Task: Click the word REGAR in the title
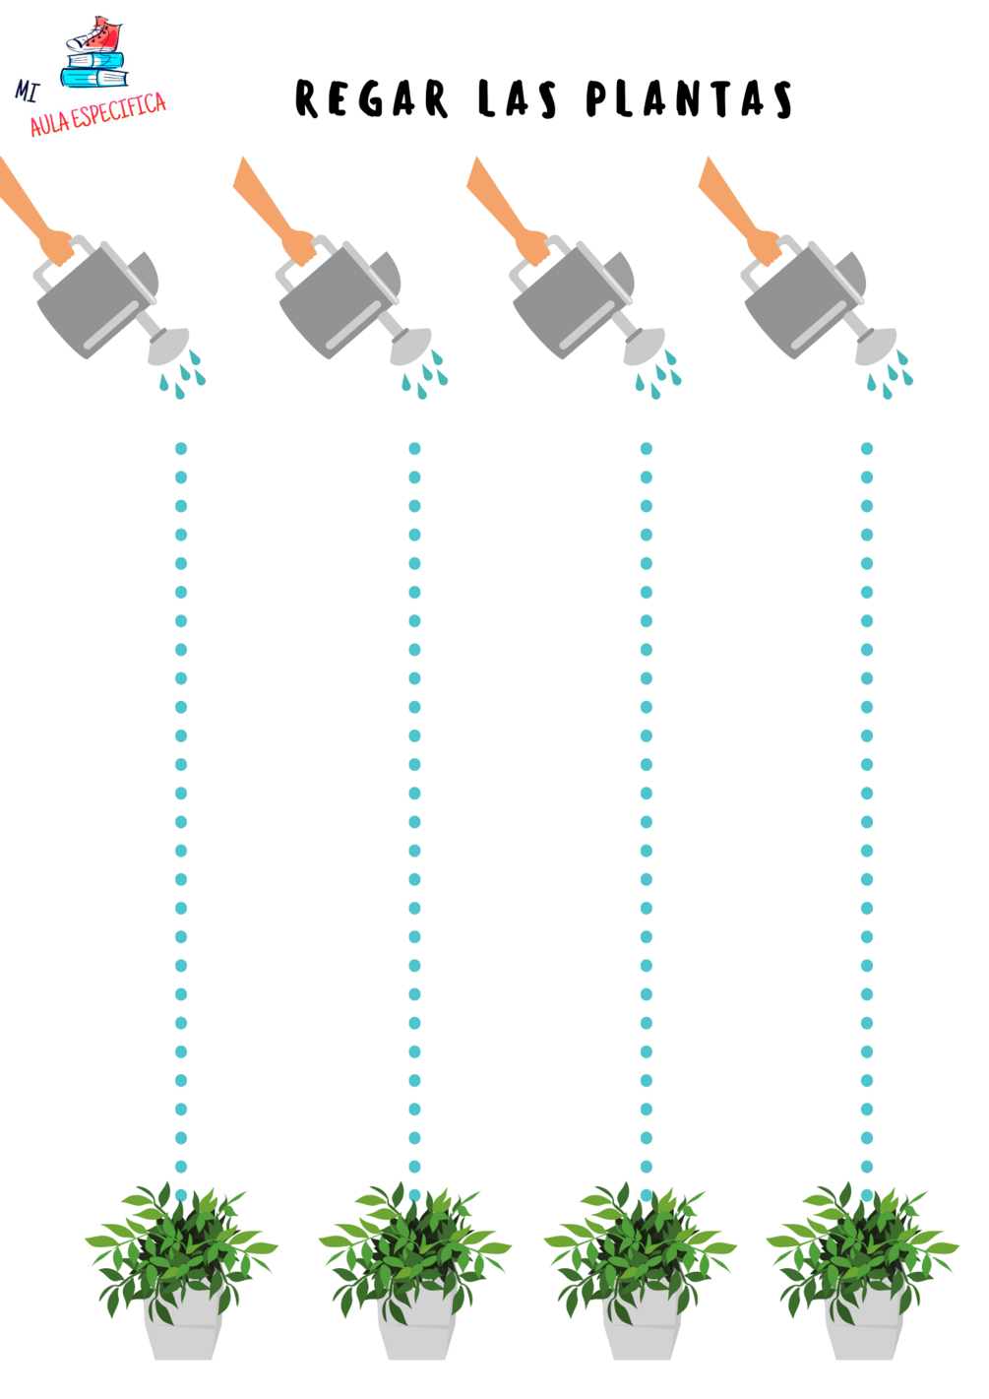point(372,98)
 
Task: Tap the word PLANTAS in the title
point(689,98)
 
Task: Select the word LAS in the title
point(517,98)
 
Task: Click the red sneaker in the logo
point(94,35)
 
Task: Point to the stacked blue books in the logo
point(94,69)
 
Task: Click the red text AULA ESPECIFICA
point(98,113)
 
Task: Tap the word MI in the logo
point(27,92)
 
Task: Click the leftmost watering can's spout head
point(168,346)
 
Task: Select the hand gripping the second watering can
point(298,247)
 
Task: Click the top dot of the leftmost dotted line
point(181,448)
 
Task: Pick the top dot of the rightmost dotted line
point(867,448)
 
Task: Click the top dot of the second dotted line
point(414,448)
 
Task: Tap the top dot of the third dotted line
point(647,448)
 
